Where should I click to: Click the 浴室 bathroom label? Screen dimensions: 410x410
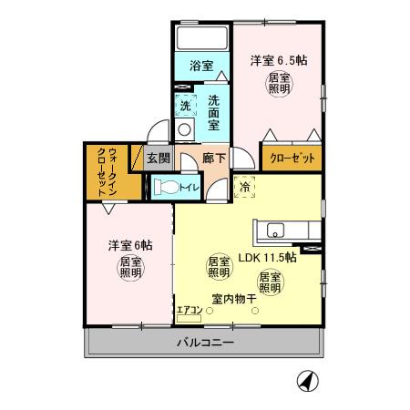point(201,66)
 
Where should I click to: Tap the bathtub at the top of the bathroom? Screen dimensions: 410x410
point(201,39)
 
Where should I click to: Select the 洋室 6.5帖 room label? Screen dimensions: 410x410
point(279,61)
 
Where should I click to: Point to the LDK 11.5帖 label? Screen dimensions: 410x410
point(267,258)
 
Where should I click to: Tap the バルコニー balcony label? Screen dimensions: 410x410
point(204,343)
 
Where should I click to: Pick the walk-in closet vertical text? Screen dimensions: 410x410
point(106,171)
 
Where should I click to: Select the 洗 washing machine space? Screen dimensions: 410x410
point(185,105)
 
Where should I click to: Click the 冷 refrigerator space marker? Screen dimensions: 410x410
point(245,187)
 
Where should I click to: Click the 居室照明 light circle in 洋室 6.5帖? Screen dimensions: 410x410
point(279,85)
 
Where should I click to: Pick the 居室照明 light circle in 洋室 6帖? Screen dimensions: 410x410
point(129,269)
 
